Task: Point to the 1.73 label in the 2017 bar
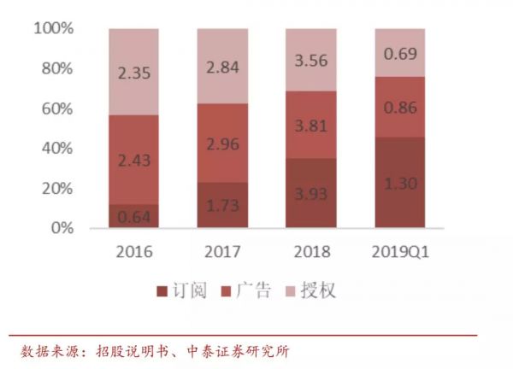pyautogui.click(x=222, y=204)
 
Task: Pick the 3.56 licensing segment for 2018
pyautogui.click(x=311, y=60)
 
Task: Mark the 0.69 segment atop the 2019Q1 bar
pyautogui.click(x=399, y=53)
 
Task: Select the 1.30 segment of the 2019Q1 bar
pyautogui.click(x=399, y=182)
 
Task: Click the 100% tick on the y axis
pyautogui.click(x=53, y=29)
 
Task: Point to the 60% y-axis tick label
pyautogui.click(x=57, y=109)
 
